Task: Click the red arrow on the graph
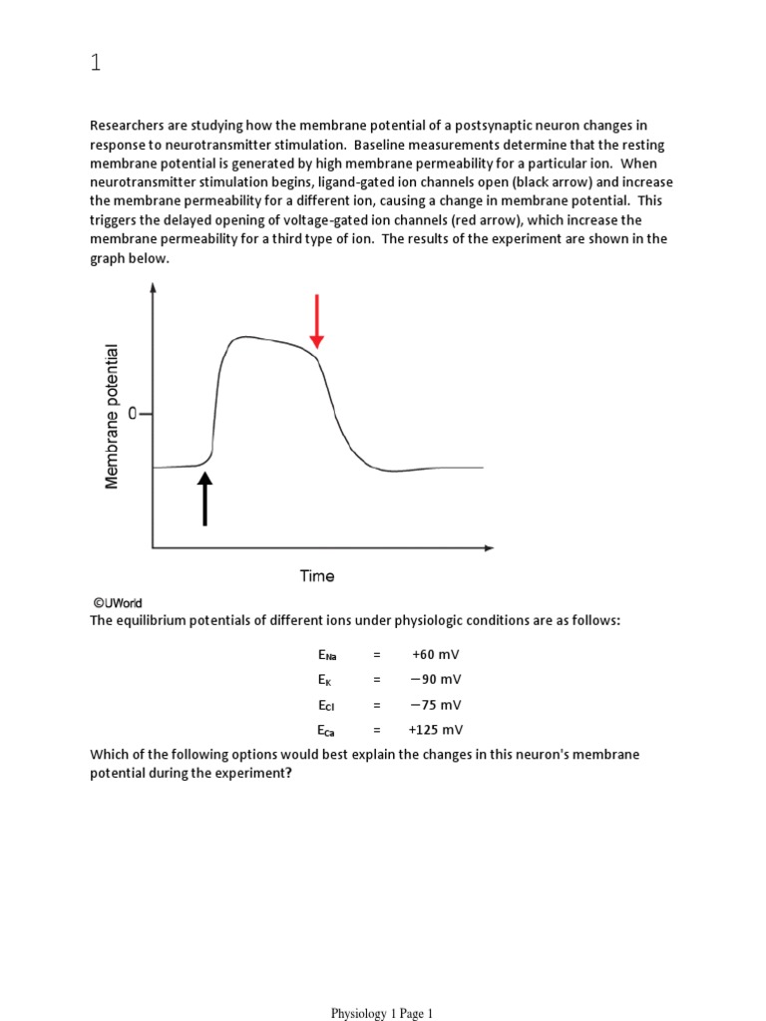click(316, 322)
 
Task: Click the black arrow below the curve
click(205, 498)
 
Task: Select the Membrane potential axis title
click(112, 416)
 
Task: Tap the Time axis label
click(317, 575)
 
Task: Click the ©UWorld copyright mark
click(118, 603)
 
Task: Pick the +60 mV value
click(435, 654)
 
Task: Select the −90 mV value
click(435, 679)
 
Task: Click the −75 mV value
click(435, 704)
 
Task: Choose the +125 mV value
click(435, 729)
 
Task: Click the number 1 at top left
click(96, 64)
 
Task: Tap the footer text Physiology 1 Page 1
click(383, 1013)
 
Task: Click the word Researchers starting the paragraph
click(127, 126)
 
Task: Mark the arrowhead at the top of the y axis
click(153, 288)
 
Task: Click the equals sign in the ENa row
click(377, 654)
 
